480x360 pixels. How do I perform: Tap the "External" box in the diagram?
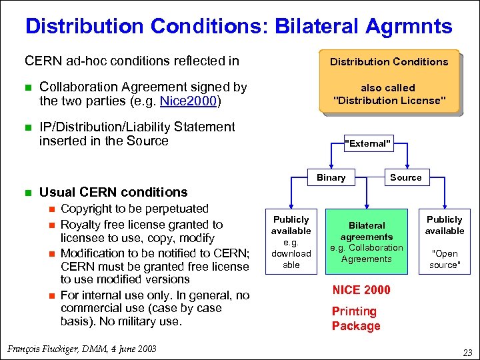pyautogui.click(x=367, y=143)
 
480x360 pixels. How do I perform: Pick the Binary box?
pyautogui.click(x=331, y=177)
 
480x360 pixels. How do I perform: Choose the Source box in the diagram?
pyautogui.click(x=405, y=177)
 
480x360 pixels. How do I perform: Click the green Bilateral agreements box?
pyautogui.click(x=367, y=242)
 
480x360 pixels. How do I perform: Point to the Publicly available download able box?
pyautogui.click(x=291, y=241)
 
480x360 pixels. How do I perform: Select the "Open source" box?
pyautogui.click(x=445, y=241)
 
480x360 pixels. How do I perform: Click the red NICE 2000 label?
pyautogui.click(x=361, y=290)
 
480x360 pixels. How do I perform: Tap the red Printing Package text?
pyautogui.click(x=356, y=319)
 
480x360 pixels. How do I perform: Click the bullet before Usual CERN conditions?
pyautogui.click(x=29, y=192)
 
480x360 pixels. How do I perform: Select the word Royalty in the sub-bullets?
pyautogui.click(x=80, y=224)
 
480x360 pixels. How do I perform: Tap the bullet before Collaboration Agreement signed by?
pyautogui.click(x=29, y=87)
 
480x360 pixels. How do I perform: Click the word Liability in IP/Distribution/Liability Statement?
pyautogui.click(x=151, y=127)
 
